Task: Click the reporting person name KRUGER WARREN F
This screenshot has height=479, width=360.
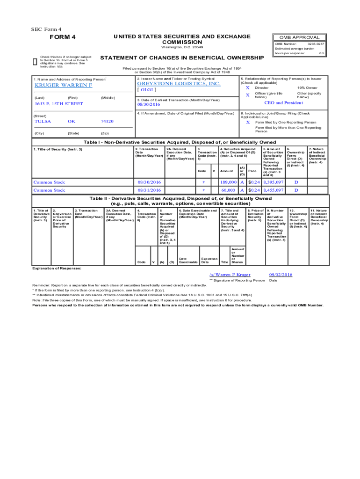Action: pos(64,86)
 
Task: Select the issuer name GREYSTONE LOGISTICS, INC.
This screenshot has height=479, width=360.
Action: pos(178,84)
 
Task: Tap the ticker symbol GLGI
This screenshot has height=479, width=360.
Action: pos(146,90)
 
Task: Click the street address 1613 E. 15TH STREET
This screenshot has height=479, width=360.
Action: pos(59,103)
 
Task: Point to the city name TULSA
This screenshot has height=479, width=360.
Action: pos(43,121)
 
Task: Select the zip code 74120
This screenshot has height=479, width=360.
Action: pos(107,121)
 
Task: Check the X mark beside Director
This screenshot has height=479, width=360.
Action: pos(248,87)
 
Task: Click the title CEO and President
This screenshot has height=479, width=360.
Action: pos(283,103)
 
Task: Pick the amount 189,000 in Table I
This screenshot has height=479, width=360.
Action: pos(228,182)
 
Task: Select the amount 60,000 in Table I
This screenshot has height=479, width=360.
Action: pos(228,190)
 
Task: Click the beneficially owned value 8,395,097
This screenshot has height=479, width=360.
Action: pos(273,182)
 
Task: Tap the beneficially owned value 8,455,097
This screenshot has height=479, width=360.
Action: pos(273,190)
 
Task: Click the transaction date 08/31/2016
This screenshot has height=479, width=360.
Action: pos(149,190)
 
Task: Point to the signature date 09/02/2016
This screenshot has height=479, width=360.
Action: pos(281,275)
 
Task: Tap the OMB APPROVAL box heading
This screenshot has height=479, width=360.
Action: pos(299,37)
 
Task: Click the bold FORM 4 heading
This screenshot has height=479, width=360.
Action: pos(63,37)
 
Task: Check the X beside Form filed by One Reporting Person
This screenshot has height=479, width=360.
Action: pos(248,122)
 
